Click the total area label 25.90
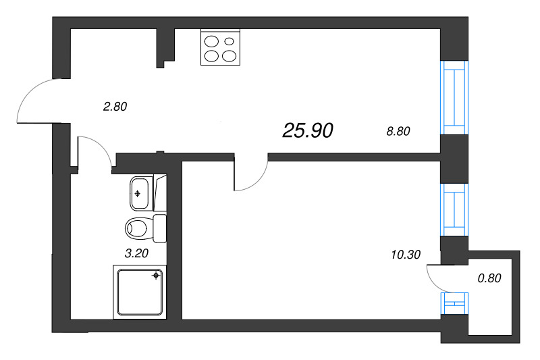click(x=308, y=130)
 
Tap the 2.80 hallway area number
click(x=115, y=106)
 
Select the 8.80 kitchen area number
click(x=397, y=132)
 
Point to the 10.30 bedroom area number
click(x=405, y=255)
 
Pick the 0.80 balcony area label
click(x=489, y=277)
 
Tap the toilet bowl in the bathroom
click(x=138, y=228)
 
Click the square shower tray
click(x=140, y=290)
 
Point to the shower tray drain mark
click(x=156, y=275)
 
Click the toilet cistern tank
click(x=161, y=228)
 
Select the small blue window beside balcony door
click(x=454, y=304)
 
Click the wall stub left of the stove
click(x=165, y=47)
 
